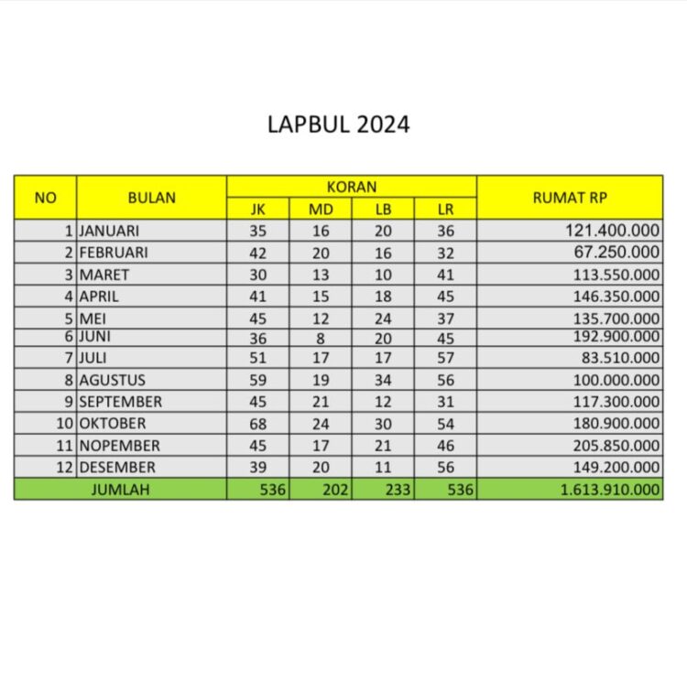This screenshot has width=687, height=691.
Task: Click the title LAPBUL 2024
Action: (338, 124)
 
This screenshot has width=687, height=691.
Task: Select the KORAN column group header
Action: (352, 187)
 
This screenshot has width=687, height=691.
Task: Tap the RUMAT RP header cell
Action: (570, 197)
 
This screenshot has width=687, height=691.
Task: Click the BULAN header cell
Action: (152, 197)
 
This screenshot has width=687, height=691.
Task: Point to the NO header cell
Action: (45, 197)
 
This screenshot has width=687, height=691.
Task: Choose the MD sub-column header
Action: (321, 209)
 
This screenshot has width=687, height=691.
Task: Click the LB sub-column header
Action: (383, 209)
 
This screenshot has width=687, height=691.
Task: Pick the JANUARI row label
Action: (109, 231)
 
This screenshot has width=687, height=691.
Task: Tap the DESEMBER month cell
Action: (116, 467)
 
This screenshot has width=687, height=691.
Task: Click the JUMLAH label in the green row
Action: (120, 490)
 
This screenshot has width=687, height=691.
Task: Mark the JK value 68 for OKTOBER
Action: (258, 424)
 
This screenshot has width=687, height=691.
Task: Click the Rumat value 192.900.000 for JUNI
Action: (614, 336)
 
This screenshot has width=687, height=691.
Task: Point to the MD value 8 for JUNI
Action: (321, 336)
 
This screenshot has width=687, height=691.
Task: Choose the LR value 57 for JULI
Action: (445, 358)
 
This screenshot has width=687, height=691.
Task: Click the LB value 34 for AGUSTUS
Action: (383, 380)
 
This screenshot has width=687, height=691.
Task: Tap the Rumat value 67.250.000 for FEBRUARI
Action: (618, 253)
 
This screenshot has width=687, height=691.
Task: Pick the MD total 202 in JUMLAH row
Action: (335, 490)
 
